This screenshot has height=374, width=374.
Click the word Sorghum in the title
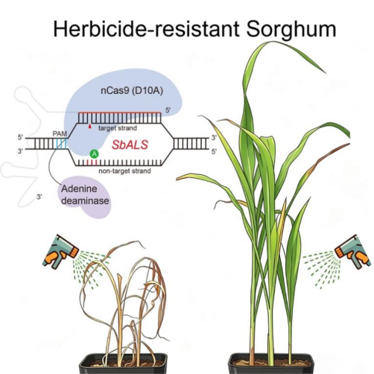pyautogui.click(x=291, y=29)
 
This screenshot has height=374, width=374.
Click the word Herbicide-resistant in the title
pyautogui.click(x=147, y=28)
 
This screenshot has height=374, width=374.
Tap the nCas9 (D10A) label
pyautogui.click(x=132, y=91)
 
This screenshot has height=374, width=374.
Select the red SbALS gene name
pyautogui.click(x=130, y=145)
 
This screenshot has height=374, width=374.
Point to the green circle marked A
pyautogui.click(x=94, y=154)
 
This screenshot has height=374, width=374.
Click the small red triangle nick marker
pyautogui.click(x=90, y=127)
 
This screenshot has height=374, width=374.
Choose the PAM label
pyautogui.click(x=60, y=133)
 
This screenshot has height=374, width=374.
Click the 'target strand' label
pyautogui.click(x=118, y=128)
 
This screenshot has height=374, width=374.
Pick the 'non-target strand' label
pyautogui.click(x=124, y=171)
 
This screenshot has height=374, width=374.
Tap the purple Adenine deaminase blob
pyautogui.click(x=86, y=197)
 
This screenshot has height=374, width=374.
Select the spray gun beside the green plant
pyautogui.click(x=353, y=252)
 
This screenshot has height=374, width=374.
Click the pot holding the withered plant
pyautogui.click(x=123, y=364)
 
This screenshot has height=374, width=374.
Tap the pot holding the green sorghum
pyautogui.click(x=271, y=364)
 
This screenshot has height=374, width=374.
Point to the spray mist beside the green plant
pyautogui.click(x=320, y=270)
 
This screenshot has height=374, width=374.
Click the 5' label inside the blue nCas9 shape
pyautogui.click(x=168, y=110)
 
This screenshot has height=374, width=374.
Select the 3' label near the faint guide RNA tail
pyautogui.click(x=39, y=197)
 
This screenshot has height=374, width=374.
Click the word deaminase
pyautogui.click(x=85, y=200)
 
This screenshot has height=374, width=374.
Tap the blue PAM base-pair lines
pyautogui.click(x=61, y=144)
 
